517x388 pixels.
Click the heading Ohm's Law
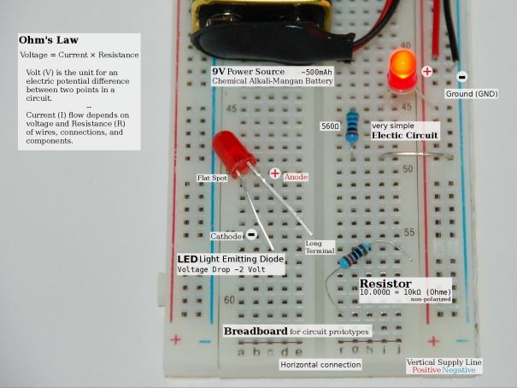point(50,40)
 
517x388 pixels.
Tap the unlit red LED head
point(227,150)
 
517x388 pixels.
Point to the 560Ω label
point(330,126)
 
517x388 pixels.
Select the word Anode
point(296,176)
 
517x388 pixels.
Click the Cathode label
point(226,235)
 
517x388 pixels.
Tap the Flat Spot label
point(213,178)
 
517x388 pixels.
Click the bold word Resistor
point(385,283)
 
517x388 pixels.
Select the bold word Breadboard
point(254,331)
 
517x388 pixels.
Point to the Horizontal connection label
point(320,365)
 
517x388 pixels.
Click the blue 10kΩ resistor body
point(352,256)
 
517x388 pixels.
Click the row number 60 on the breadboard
point(229,301)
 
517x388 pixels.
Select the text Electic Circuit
point(405,136)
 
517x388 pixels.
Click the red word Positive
point(426,371)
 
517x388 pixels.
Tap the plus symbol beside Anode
point(275,173)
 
